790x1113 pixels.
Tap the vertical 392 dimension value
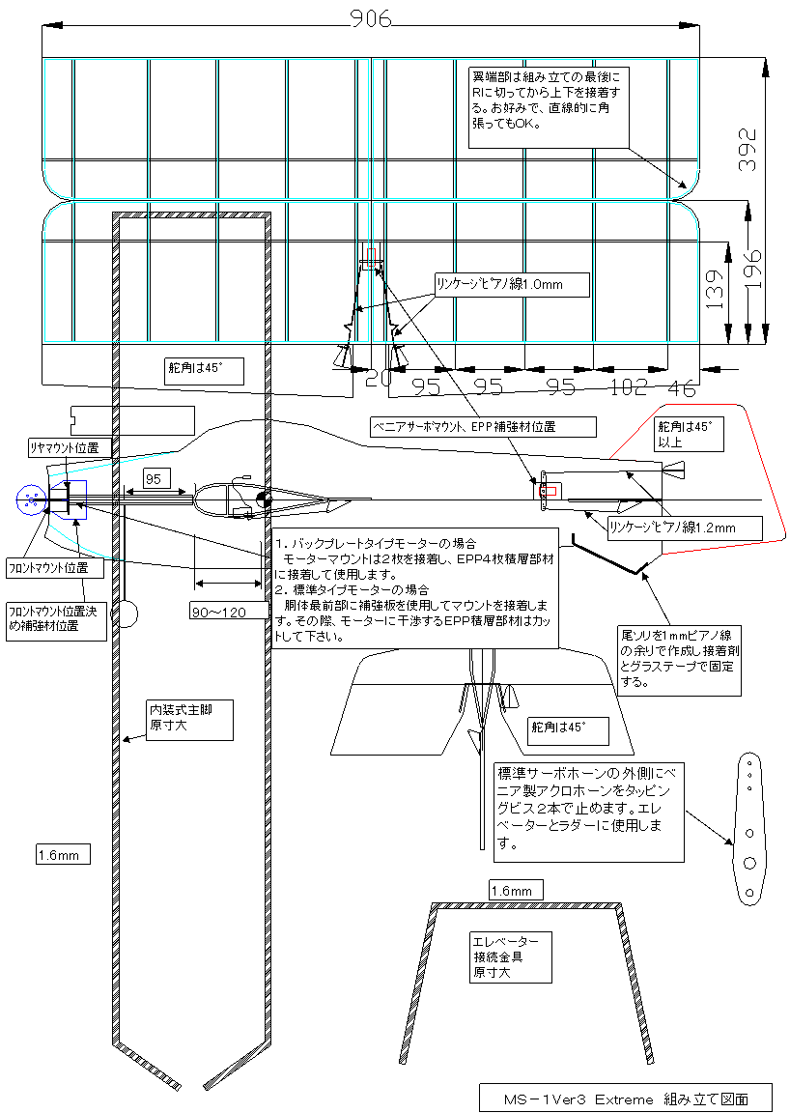[x=748, y=149]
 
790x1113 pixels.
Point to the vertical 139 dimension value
[x=716, y=288]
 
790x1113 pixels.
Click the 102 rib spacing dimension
[x=629, y=386]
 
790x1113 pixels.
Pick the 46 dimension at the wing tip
[x=682, y=387]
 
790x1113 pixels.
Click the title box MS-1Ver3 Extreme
[x=625, y=1099]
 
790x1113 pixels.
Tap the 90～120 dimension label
[x=218, y=612]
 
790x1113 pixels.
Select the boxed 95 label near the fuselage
[x=154, y=479]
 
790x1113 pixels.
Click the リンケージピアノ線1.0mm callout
[x=511, y=285]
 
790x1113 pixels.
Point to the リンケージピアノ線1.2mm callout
[x=684, y=528]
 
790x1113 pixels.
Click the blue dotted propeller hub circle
[x=31, y=499]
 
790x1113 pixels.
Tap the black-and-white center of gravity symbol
[x=264, y=499]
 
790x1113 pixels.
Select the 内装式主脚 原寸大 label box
[x=189, y=721]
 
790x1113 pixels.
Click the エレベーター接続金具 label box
[x=510, y=956]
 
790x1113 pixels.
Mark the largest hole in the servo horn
[x=749, y=863]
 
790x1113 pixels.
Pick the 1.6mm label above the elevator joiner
[x=517, y=890]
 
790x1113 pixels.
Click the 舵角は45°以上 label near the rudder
[x=689, y=435]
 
